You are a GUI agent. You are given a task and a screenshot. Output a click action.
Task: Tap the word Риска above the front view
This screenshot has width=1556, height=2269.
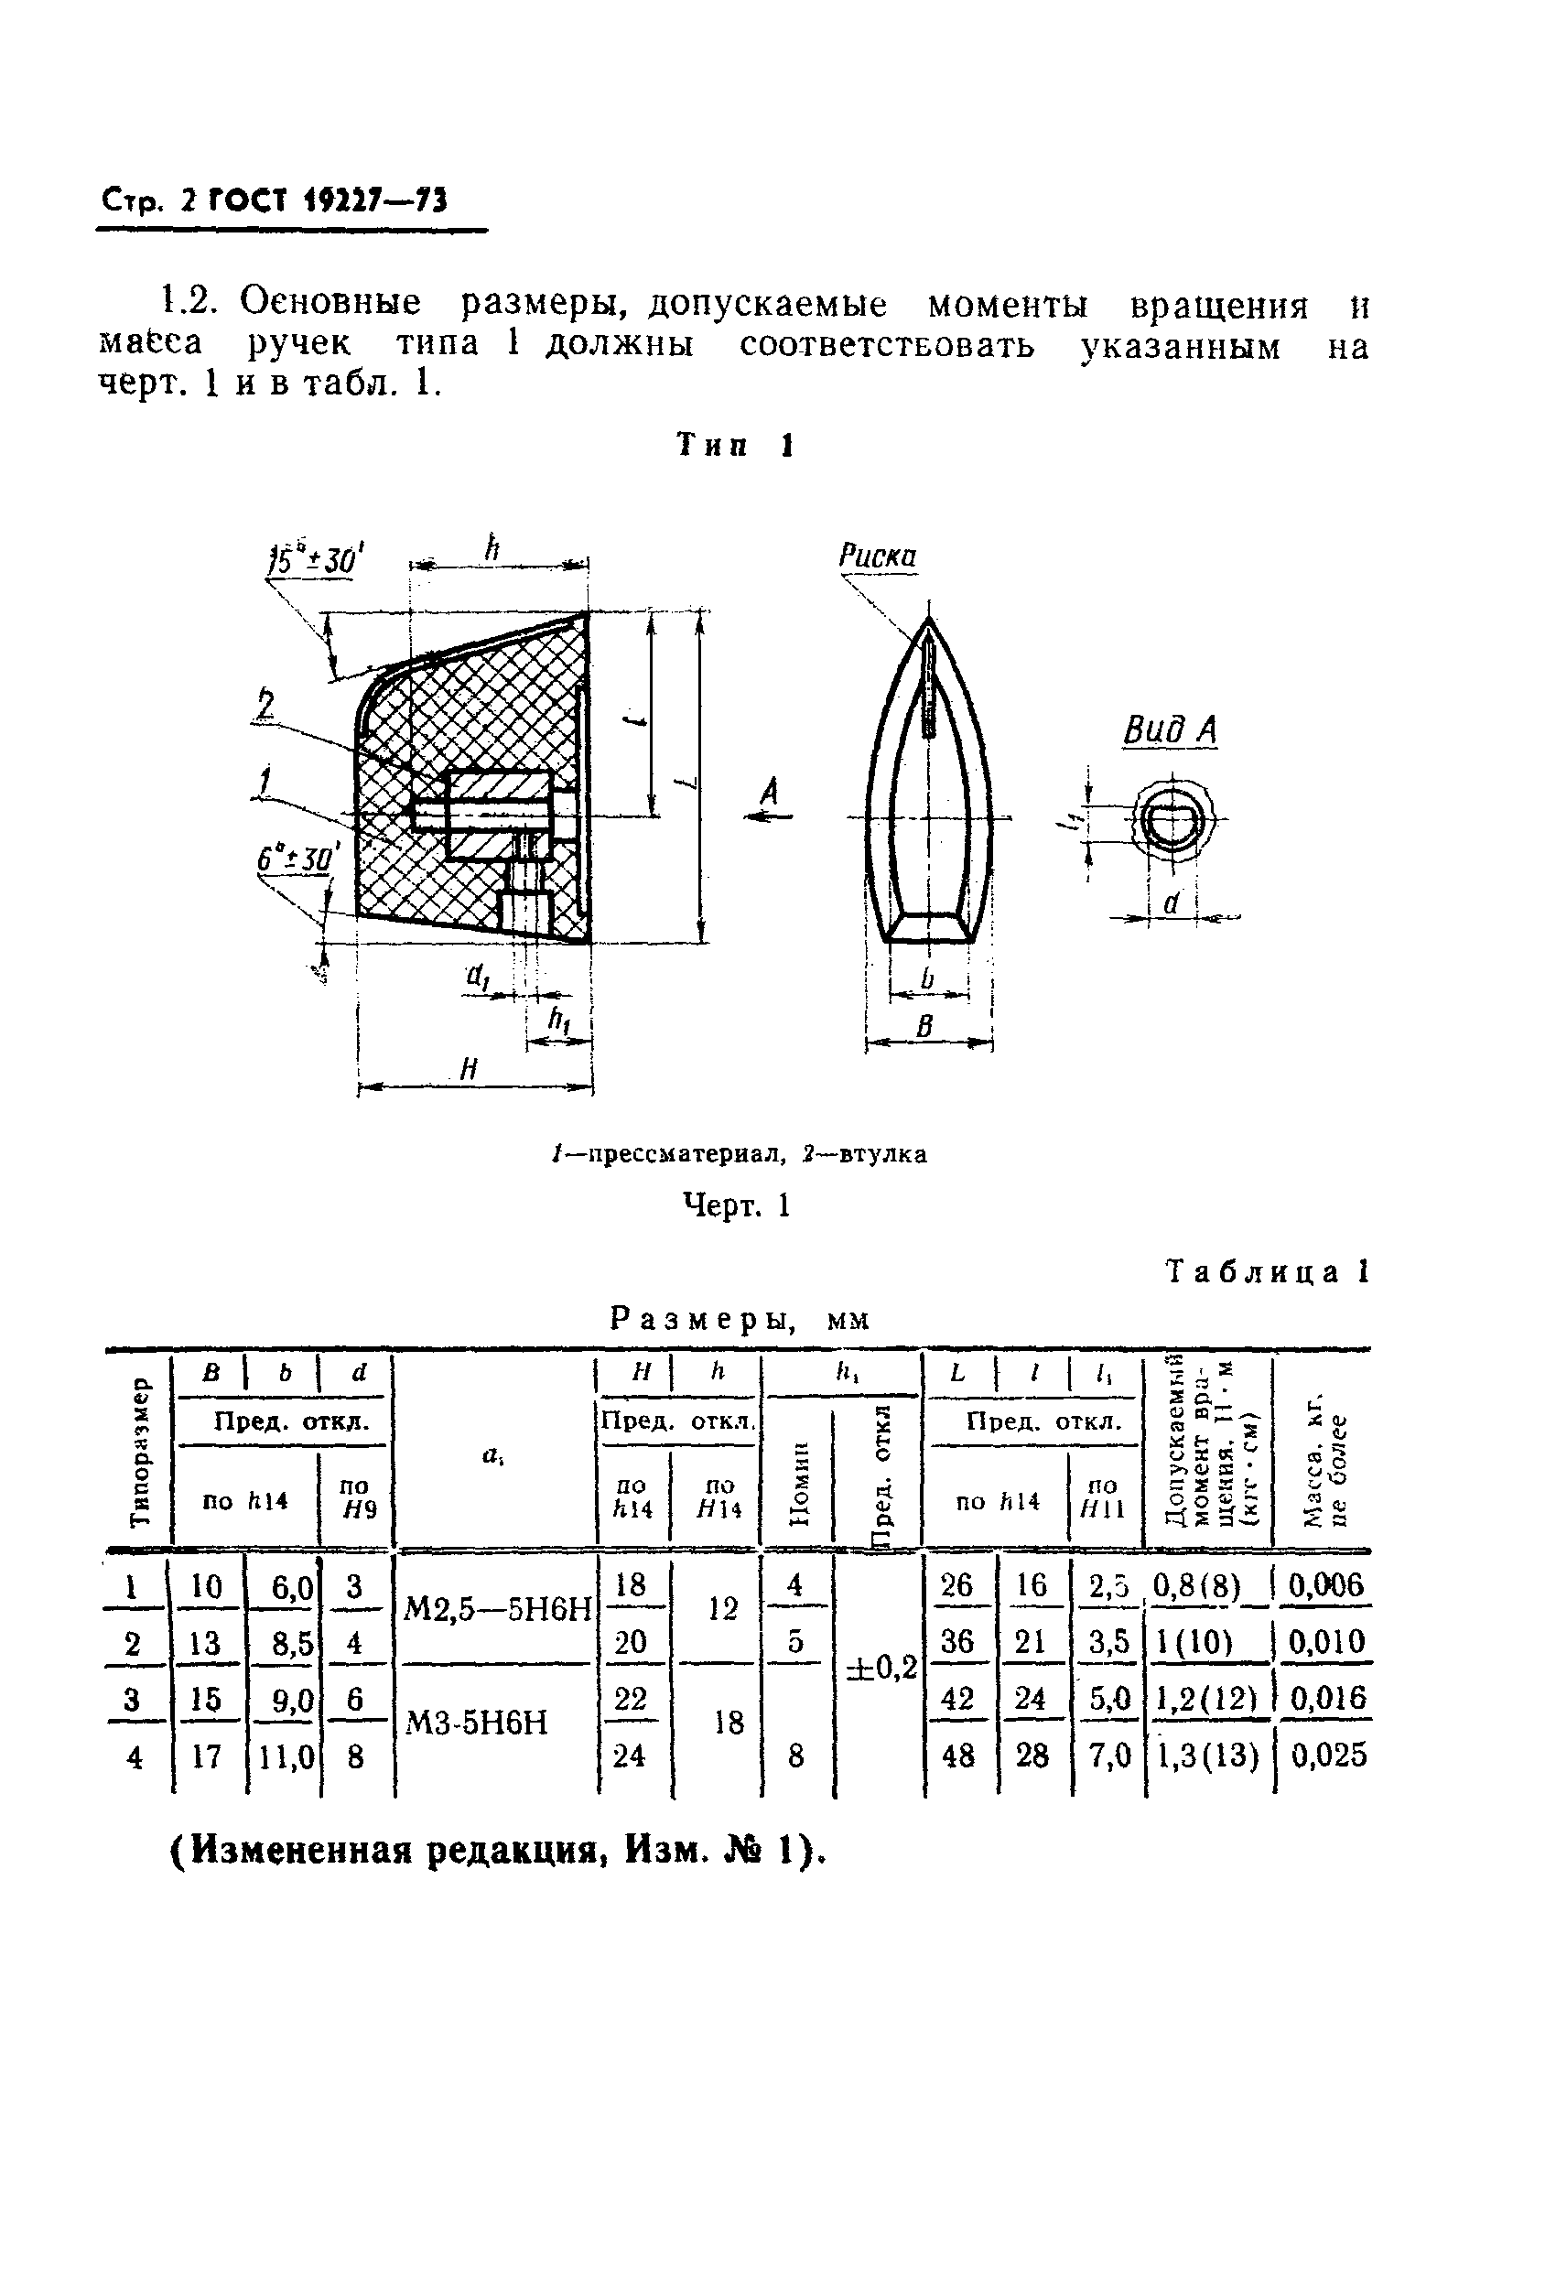tap(878, 556)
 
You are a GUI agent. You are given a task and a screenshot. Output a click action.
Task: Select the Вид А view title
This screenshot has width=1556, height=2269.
tap(1170, 729)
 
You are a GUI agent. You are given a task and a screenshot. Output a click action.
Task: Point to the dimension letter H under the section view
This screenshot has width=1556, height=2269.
tap(469, 1070)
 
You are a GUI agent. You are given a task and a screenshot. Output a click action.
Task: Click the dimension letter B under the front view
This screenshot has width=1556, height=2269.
tap(925, 1026)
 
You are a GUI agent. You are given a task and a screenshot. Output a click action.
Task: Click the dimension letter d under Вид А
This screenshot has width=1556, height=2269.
tap(1172, 904)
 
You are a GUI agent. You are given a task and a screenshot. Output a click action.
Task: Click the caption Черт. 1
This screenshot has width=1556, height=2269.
tap(735, 1205)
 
